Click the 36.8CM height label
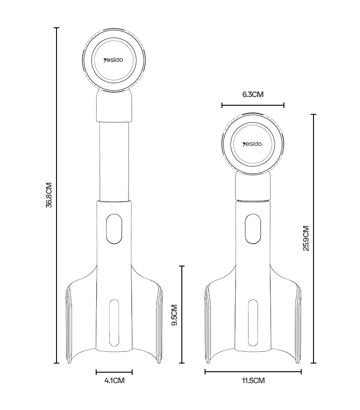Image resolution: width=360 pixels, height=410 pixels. (49, 195)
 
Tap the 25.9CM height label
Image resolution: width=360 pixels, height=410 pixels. (306, 238)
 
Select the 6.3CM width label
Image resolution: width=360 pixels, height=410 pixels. (253, 94)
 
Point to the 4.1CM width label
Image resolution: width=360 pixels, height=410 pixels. (114, 380)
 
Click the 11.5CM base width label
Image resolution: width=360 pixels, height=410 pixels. (253, 380)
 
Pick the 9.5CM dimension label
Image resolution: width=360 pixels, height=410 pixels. (174, 315)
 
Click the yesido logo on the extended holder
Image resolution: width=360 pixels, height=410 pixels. (113, 61)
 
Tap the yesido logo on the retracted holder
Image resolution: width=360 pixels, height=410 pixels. (252, 144)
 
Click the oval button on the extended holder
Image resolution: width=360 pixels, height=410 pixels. (114, 229)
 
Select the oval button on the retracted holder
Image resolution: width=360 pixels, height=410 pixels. (253, 229)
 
